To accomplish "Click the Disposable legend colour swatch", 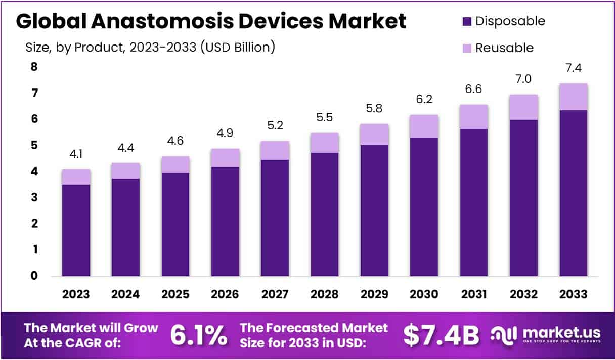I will (x=466, y=22).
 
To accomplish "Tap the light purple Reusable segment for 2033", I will (x=573, y=97).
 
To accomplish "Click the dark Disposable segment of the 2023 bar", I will (x=76, y=230).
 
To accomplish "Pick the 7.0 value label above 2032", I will (x=523, y=79).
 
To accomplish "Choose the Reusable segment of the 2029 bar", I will (x=374, y=134).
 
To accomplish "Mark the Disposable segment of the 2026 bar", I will (x=226, y=221).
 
